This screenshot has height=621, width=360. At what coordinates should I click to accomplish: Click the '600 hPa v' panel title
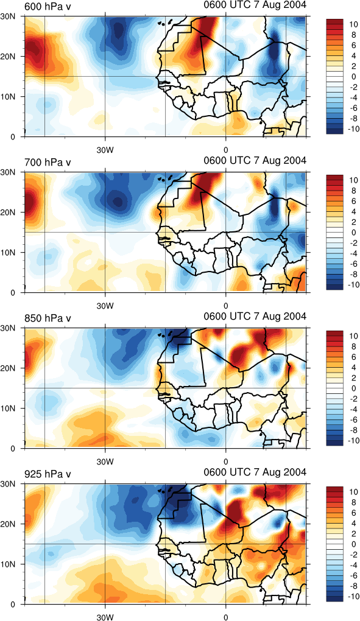(x=48, y=6)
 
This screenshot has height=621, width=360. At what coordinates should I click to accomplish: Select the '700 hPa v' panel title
(x=48, y=162)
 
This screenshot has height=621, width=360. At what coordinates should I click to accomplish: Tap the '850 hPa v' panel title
(x=48, y=318)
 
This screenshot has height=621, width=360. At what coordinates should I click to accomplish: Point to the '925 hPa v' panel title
(x=48, y=474)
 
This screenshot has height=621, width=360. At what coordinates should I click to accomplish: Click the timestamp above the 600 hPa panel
(x=255, y=5)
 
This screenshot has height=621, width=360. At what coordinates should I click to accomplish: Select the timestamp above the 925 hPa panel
(x=255, y=472)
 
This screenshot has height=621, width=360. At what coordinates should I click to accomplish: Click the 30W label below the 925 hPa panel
(x=105, y=617)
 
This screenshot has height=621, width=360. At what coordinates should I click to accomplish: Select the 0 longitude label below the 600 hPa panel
(x=226, y=150)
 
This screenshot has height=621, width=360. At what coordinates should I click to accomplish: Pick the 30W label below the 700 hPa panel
(x=105, y=306)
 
